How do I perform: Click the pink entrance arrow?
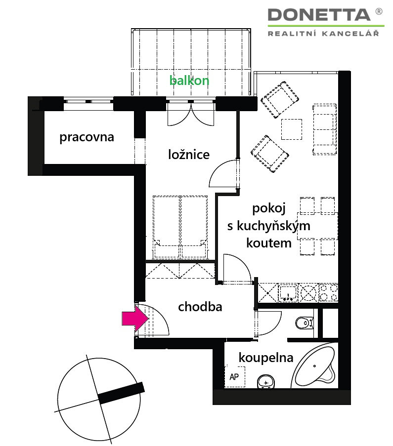(x=135, y=319)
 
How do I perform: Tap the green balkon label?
(x=189, y=81)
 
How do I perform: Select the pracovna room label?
(x=87, y=137)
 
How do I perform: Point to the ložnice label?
(x=189, y=155)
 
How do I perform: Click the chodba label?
(x=200, y=307)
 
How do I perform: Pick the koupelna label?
(x=266, y=358)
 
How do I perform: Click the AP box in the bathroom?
(x=235, y=376)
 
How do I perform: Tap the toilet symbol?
(x=305, y=323)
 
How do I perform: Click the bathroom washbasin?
(x=266, y=382)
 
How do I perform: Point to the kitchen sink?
(x=288, y=293)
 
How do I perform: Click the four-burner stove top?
(x=328, y=293)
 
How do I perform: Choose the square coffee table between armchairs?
(x=292, y=129)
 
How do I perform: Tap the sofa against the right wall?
(x=325, y=129)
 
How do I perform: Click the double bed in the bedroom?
(x=180, y=227)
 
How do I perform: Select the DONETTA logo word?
(x=319, y=15)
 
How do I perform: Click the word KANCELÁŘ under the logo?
(x=350, y=33)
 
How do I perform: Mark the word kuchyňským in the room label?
(x=273, y=226)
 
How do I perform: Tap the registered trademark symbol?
(x=379, y=11)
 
